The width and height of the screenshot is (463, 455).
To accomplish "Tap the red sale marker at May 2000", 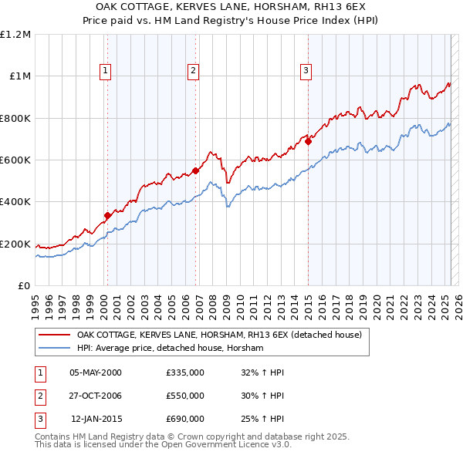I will (x=107, y=216).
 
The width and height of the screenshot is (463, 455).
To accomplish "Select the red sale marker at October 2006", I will (x=196, y=171).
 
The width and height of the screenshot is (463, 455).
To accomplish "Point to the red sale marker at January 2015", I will (x=308, y=141).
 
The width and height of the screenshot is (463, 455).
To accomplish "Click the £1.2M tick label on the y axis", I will (x=15, y=35).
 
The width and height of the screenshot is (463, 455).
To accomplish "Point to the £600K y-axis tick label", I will (x=15, y=160).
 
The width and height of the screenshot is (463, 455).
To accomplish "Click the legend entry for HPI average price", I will (x=170, y=349).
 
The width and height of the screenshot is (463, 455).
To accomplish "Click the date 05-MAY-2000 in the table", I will (x=96, y=372).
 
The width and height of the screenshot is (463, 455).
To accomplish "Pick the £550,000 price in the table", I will (x=185, y=396).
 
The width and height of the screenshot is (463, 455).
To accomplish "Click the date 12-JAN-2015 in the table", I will (x=96, y=420).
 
